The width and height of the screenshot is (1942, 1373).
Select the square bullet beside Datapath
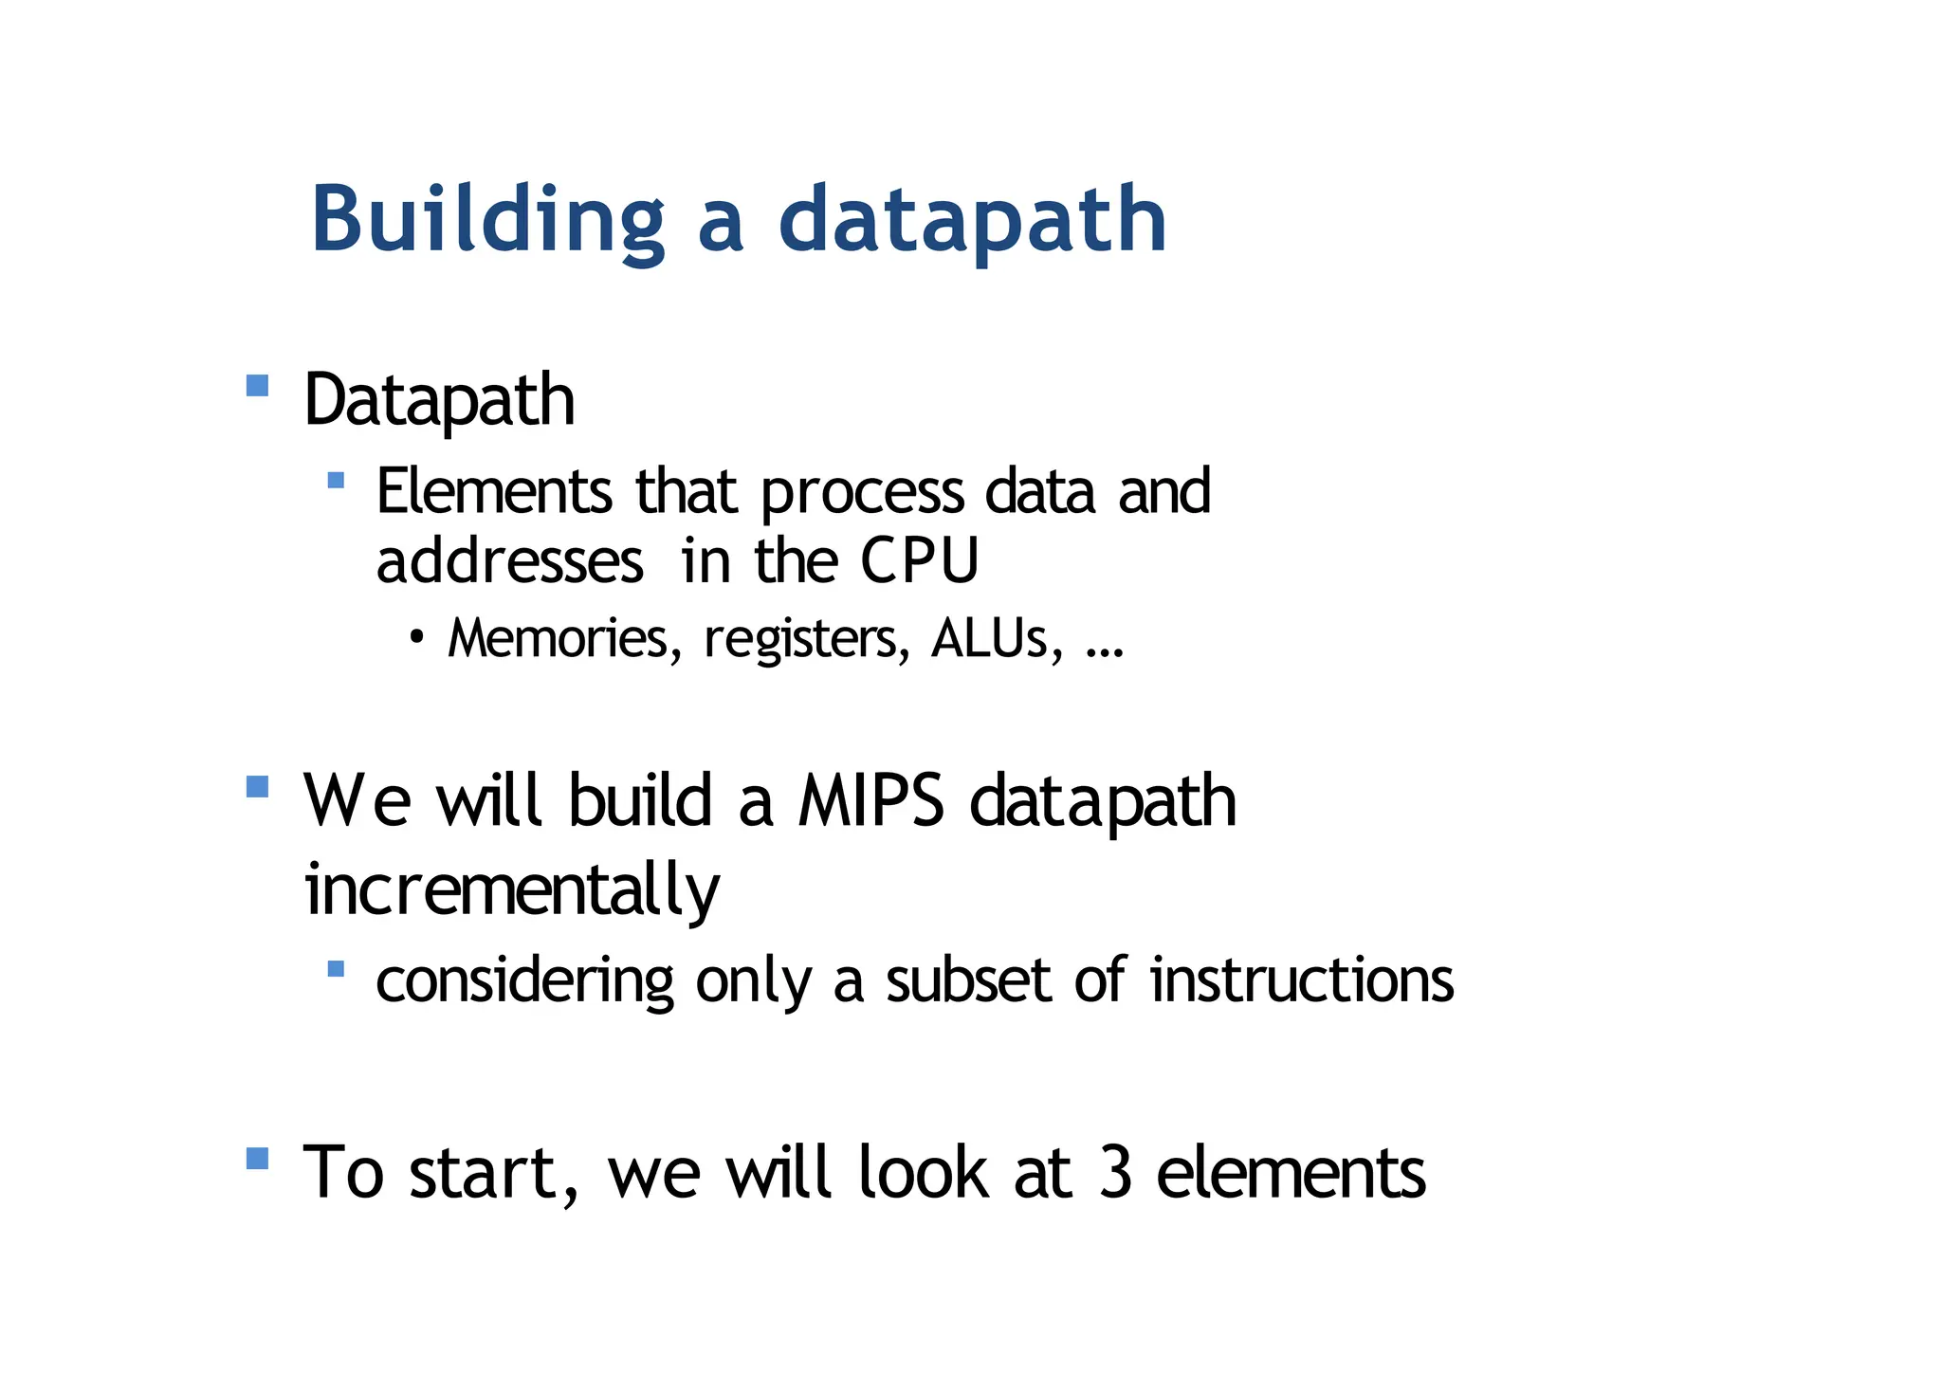coord(257,386)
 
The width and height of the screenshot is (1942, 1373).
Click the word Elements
coord(494,491)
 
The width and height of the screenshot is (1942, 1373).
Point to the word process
coord(862,493)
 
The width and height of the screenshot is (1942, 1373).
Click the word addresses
coord(510,560)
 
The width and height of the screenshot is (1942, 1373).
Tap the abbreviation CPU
coord(919,560)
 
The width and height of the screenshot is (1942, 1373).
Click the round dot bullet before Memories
coord(416,636)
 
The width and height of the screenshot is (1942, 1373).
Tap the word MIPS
coord(870,801)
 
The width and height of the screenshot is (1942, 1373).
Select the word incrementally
coord(512,890)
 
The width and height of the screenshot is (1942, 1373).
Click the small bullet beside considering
coord(336,968)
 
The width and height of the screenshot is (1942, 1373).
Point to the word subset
coord(967,979)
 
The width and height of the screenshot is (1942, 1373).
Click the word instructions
coord(1301,979)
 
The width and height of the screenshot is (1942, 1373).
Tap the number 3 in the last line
coord(1116,1173)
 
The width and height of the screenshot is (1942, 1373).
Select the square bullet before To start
coord(257,1159)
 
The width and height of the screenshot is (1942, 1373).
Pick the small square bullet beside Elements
coord(336,480)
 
